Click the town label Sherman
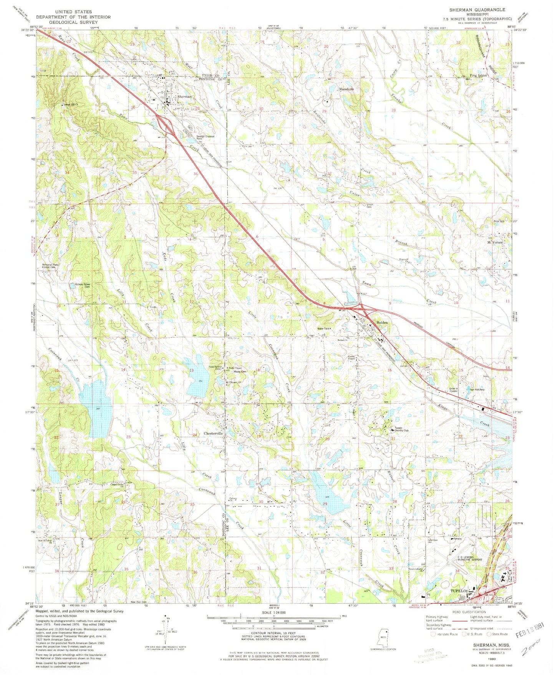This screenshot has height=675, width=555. (184, 97)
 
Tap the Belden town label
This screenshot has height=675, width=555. (382, 323)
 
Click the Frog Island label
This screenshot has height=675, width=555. (478, 75)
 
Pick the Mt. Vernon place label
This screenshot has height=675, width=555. (495, 242)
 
